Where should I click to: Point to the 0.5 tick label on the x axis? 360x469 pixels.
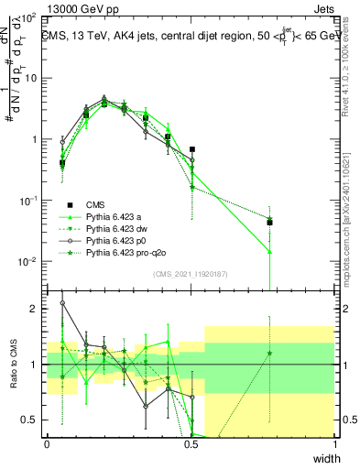(191, 444)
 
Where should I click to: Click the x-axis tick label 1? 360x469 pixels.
(334, 444)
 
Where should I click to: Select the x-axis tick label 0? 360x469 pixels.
(47, 444)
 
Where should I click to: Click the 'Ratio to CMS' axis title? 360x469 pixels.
(13, 365)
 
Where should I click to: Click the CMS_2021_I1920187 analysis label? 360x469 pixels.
(190, 275)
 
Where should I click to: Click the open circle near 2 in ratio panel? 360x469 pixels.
(62, 302)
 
